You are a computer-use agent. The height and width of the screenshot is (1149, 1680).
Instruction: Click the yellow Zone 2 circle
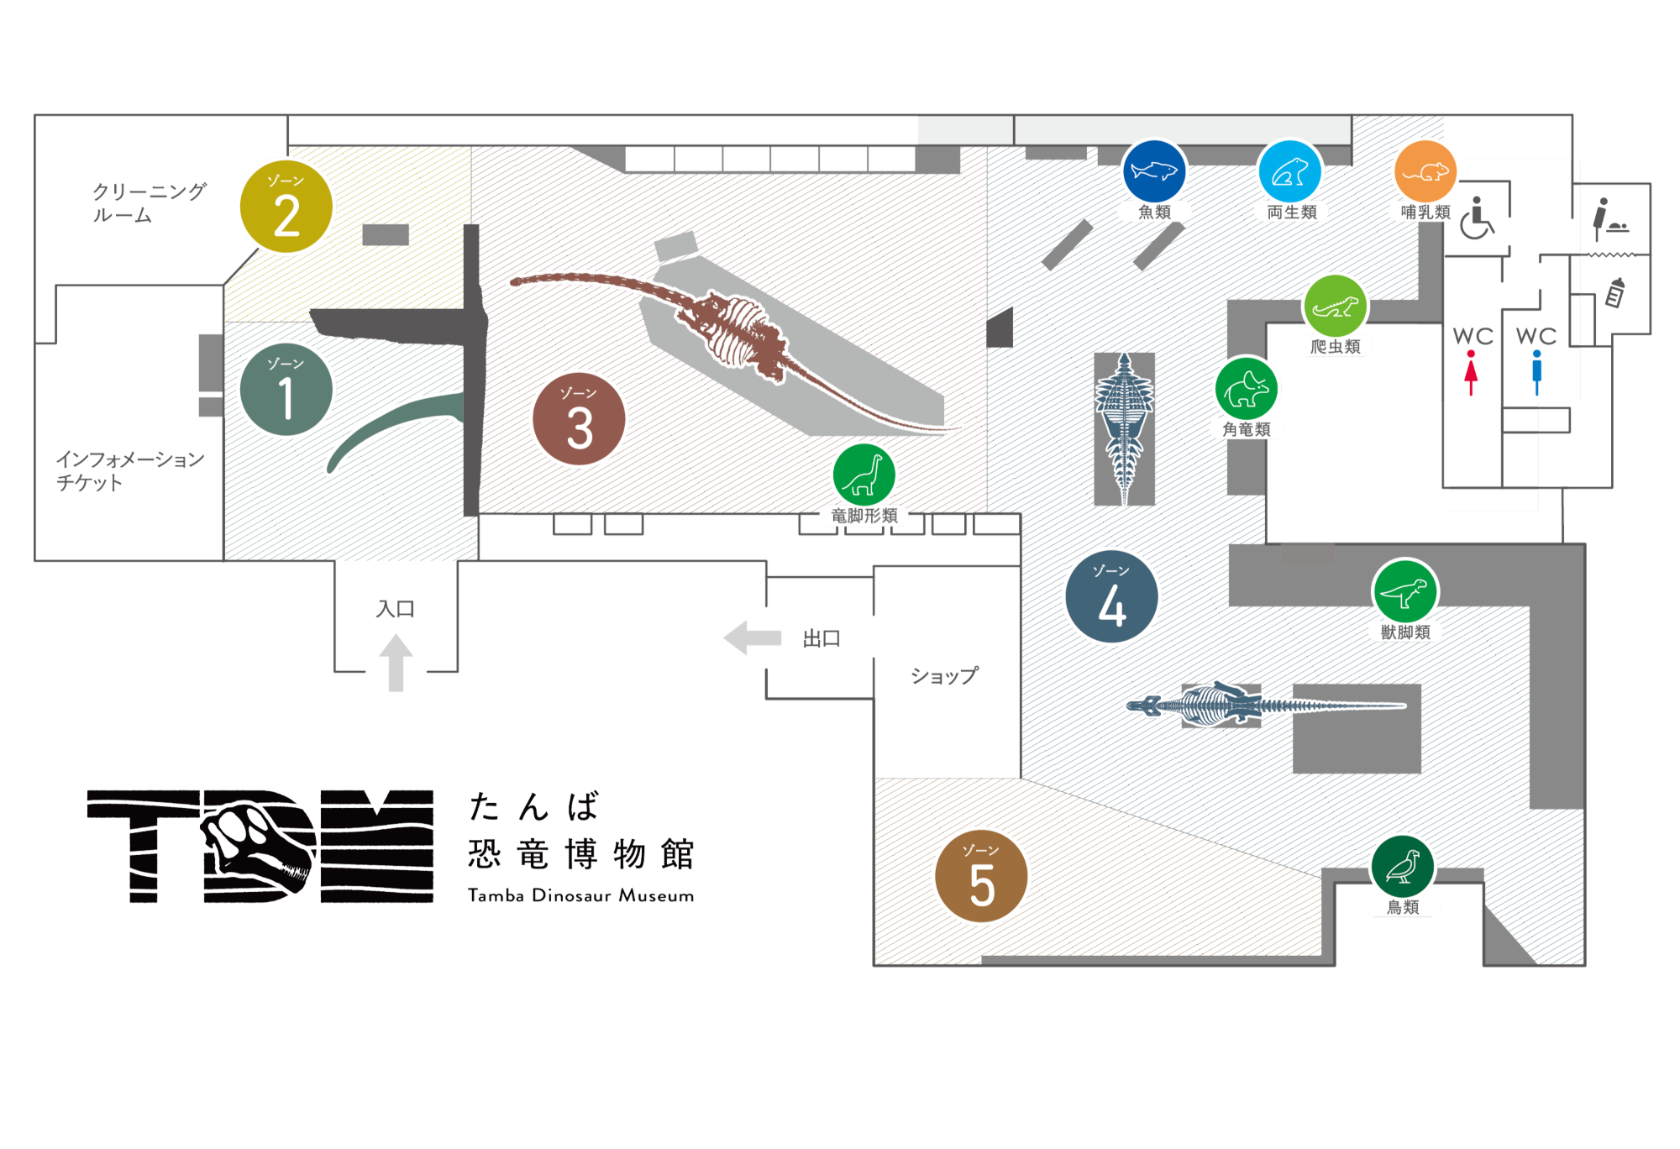pyautogui.click(x=286, y=207)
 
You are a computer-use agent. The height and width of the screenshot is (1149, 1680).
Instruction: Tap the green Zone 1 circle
pyautogui.click(x=286, y=390)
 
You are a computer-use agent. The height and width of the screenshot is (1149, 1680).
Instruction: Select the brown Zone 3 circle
pyautogui.click(x=579, y=419)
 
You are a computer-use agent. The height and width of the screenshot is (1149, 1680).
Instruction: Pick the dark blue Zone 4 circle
pyautogui.click(x=1111, y=596)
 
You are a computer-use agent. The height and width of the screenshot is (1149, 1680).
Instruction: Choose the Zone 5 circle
pyautogui.click(x=981, y=876)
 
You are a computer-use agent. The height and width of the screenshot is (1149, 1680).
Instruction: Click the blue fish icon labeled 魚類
pyautogui.click(x=1154, y=171)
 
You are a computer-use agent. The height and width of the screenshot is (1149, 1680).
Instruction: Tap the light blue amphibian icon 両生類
pyautogui.click(x=1289, y=171)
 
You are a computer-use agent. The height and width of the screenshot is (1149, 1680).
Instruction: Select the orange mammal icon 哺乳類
pyautogui.click(x=1425, y=171)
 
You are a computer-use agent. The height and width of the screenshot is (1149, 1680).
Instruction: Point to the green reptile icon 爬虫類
pyautogui.click(x=1335, y=307)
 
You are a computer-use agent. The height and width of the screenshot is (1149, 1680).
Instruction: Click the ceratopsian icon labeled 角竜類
pyautogui.click(x=1247, y=388)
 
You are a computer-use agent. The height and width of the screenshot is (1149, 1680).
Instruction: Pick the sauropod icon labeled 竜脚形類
pyautogui.click(x=864, y=475)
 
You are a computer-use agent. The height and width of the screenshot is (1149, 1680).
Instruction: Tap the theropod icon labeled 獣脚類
pyautogui.click(x=1404, y=592)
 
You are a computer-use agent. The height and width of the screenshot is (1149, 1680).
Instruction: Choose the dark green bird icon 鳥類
pyautogui.click(x=1402, y=867)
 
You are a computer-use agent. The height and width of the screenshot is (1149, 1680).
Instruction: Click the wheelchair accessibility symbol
pyautogui.click(x=1477, y=219)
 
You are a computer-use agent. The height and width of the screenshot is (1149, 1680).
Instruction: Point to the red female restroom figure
pyautogui.click(x=1471, y=373)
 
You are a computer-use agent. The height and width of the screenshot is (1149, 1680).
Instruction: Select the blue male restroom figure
pyautogui.click(x=1536, y=373)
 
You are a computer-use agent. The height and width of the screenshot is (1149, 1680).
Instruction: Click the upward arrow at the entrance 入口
pyautogui.click(x=396, y=663)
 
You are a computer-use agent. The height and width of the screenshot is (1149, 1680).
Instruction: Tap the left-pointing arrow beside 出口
pyautogui.click(x=752, y=638)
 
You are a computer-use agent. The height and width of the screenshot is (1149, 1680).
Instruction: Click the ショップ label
pyautogui.click(x=945, y=676)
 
